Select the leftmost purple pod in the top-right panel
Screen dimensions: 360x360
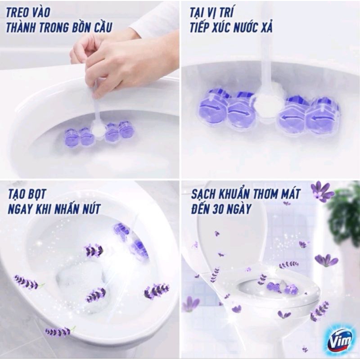212,107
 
